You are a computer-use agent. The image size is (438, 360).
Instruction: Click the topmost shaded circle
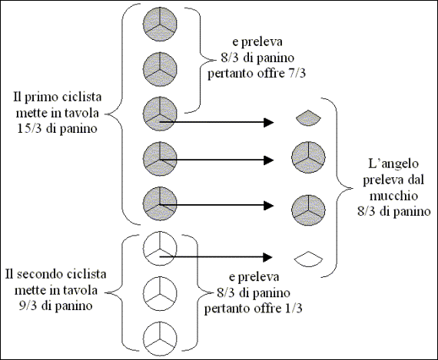coord(160,24)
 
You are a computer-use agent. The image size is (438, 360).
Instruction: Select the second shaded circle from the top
coord(160,69)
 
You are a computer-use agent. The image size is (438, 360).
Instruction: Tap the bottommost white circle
coord(160,339)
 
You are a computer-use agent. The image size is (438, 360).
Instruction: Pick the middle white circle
coord(160,293)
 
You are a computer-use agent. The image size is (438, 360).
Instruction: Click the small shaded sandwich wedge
coord(308,117)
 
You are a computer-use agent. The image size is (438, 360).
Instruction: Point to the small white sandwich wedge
coord(308,259)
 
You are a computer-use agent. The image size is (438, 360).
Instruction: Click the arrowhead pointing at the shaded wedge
coord(269,122)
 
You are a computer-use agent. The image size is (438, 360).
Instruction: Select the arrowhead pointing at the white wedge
coord(268,257)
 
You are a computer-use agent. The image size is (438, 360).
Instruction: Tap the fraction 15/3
coord(30,129)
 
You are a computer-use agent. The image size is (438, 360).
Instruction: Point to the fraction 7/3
coord(296,74)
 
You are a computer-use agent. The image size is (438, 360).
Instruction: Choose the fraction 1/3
coord(293,309)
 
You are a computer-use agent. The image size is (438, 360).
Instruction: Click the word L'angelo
coord(393,163)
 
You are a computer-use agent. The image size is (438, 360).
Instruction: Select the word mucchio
coord(393,196)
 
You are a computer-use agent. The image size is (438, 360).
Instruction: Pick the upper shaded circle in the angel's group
coord(308,158)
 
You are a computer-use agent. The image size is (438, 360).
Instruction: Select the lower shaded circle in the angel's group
coord(308,210)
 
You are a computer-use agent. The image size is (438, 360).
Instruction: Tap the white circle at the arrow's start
coord(160,248)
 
